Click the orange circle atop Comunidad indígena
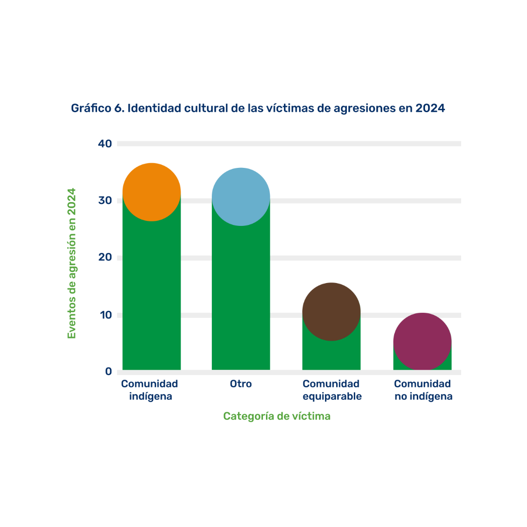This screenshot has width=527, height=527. pos(152,192)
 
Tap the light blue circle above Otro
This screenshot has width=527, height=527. pos(241,197)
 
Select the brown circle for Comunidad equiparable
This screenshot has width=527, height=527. pos(331,312)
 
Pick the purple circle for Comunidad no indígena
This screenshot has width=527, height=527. pos(422,342)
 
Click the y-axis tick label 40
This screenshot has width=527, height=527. pos(105,143)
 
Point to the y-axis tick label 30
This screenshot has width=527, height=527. pos(105,201)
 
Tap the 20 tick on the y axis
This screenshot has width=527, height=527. pos(105,257)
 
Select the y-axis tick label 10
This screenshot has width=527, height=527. pos(105,315)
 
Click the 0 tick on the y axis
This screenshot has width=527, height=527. pos(108,371)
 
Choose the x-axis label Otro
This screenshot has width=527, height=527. pos(241,384)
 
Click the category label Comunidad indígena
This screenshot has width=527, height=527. pos(150,390)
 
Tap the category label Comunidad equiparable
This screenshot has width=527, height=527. pos(332,390)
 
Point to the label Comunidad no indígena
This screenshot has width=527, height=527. pos(423,390)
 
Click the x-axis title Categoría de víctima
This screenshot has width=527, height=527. pos(277,416)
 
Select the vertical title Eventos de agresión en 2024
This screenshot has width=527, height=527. pos(72,263)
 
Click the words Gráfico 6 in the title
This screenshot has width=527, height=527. pos(97,108)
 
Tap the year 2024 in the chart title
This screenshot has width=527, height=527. pos(430,108)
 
